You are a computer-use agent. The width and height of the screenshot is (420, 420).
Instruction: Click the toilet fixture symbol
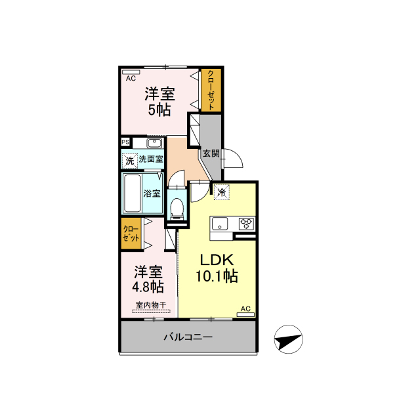pos(177,208)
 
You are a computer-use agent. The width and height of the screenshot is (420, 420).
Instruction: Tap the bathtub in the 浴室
pos(133,193)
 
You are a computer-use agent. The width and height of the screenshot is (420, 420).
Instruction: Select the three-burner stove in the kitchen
pos(247,224)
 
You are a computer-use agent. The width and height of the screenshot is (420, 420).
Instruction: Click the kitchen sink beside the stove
pos(220,224)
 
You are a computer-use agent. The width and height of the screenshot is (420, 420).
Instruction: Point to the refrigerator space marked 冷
pos(222,192)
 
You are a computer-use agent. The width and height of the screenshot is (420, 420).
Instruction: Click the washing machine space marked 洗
pos(130,161)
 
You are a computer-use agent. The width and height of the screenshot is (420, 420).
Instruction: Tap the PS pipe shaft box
pos(125,142)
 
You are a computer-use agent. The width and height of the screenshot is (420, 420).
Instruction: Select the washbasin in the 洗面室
pos(155,143)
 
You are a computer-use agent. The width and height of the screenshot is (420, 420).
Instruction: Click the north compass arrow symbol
pos(289,339)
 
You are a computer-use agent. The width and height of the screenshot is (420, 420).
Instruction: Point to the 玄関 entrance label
pos(211,154)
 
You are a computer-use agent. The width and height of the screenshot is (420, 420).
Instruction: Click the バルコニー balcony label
pos(188,337)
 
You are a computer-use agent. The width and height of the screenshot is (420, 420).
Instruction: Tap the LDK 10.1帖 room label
pos(217,268)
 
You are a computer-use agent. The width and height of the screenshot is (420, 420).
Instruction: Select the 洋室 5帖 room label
pos(159,102)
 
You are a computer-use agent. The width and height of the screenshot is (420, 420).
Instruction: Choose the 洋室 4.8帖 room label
pos(148,279)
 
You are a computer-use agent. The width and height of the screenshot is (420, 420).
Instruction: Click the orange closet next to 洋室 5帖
pos(211,90)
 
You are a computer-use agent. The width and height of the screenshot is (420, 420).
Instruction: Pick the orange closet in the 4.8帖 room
pos(131,234)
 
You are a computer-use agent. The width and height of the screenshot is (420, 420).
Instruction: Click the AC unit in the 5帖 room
pos(131,72)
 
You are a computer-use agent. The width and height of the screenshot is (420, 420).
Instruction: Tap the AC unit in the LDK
pos(245,315)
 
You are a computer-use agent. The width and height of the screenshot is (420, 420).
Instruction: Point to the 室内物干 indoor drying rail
pos(152,311)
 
